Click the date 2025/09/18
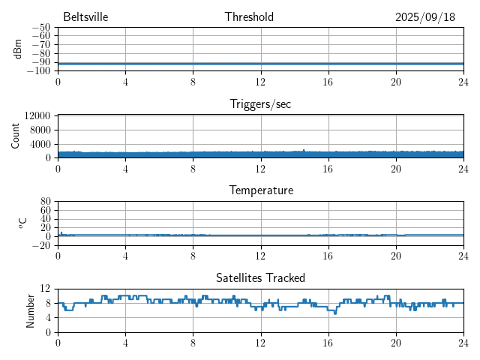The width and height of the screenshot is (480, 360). coord(424,17)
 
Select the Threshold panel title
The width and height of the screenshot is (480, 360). coord(249,17)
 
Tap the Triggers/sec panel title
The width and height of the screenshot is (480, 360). coord(260,104)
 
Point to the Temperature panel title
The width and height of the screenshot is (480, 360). coord(260,190)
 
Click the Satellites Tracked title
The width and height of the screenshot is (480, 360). coord(260,277)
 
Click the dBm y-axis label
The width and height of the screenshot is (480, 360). coord(17,49)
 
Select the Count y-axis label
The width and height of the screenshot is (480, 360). coord(16,136)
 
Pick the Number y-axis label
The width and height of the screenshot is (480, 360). coord(30,310)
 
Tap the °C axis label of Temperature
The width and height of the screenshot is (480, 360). coord(22,223)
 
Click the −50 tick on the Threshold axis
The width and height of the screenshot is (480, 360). coord(41,27)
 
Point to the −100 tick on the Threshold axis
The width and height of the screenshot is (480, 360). coord(39,71)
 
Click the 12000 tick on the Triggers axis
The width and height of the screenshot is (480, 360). coord(37,116)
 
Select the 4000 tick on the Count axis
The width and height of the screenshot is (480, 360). coord(40,144)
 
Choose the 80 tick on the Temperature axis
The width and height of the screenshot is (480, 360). coord(46,202)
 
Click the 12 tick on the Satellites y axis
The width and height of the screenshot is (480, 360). coord(46,289)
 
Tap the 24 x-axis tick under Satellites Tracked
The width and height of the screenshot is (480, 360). coord(463,342)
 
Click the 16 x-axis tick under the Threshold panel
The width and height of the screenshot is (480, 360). coord(328,81)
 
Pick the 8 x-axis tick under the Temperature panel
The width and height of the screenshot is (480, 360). coord(193,255)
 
